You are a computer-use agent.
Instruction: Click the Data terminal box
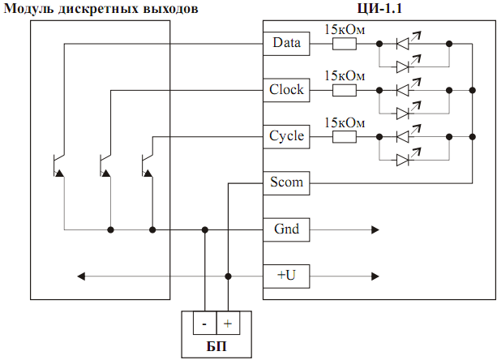click(x=286, y=42)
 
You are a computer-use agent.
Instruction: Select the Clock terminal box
click(x=286, y=89)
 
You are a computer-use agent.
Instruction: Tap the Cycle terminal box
click(x=286, y=135)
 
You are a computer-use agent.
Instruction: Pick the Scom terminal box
click(x=286, y=182)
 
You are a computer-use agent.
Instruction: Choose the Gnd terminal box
click(x=286, y=229)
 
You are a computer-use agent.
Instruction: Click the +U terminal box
click(x=286, y=276)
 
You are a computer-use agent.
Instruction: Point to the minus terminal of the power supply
click(x=204, y=324)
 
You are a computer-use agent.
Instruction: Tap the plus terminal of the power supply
click(x=228, y=324)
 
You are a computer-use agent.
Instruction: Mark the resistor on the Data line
click(x=345, y=43)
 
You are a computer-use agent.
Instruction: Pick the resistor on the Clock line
click(x=345, y=89)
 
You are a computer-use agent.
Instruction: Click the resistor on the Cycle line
click(x=345, y=136)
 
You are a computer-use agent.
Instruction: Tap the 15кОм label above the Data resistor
click(x=345, y=28)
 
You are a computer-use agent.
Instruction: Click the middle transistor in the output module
click(x=104, y=165)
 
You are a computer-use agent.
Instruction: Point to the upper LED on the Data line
click(x=403, y=43)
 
